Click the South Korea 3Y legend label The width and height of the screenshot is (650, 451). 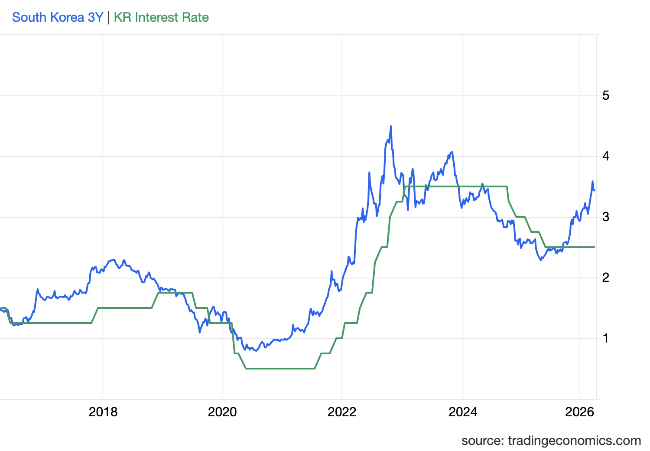click(x=58, y=17)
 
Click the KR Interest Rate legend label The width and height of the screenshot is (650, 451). click(x=161, y=17)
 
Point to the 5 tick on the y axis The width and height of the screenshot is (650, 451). click(x=606, y=95)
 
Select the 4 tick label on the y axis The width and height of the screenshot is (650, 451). click(x=606, y=156)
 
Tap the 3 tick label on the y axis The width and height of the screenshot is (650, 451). click(x=606, y=217)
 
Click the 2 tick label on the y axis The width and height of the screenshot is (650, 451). click(x=606, y=278)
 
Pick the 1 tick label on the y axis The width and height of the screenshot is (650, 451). click(x=606, y=338)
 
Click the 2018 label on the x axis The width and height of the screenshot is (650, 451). click(x=103, y=412)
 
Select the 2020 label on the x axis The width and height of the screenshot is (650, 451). click(x=222, y=412)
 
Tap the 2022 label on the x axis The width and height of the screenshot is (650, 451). click(x=342, y=412)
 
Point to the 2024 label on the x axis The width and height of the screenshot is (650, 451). click(x=462, y=412)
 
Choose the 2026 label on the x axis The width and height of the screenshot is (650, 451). click(x=579, y=412)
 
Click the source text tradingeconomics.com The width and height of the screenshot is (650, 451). click(x=551, y=441)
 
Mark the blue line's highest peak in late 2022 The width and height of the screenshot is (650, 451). click(x=391, y=126)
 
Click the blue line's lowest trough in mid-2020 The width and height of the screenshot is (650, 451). click(x=256, y=350)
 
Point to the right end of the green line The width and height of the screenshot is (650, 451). click(x=595, y=247)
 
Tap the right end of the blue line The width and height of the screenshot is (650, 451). click(x=595, y=190)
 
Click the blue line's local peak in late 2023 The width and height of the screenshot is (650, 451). click(x=452, y=152)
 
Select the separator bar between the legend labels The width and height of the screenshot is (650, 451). click(x=109, y=17)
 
